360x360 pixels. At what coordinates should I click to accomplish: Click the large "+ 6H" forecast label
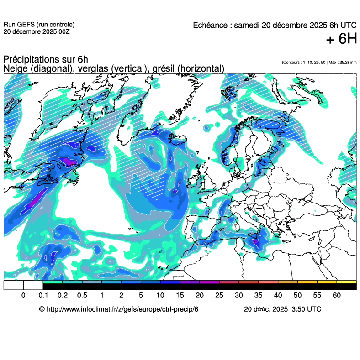tap(341, 40)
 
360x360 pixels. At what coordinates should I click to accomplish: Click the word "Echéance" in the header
tap(212, 25)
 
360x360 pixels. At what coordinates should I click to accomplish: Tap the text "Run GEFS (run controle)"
tap(39, 25)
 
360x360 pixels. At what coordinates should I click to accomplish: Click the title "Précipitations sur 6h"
tap(45, 60)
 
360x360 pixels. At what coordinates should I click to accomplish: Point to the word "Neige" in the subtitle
tap(14, 68)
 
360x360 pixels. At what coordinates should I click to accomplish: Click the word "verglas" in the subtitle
tap(91, 68)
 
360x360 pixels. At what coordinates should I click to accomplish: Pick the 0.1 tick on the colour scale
tap(43, 296)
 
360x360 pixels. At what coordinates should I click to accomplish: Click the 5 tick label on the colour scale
tap(141, 296)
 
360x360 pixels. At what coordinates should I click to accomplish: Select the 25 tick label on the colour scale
tap(219, 296)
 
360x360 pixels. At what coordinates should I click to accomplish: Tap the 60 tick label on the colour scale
tap(337, 296)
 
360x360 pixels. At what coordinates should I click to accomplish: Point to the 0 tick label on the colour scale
tap(23, 296)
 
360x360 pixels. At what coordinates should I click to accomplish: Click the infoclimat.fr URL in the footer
tap(123, 309)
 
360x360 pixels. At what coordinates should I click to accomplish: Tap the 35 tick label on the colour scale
tap(259, 296)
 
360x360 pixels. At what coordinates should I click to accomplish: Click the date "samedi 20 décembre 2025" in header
tap(279, 25)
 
